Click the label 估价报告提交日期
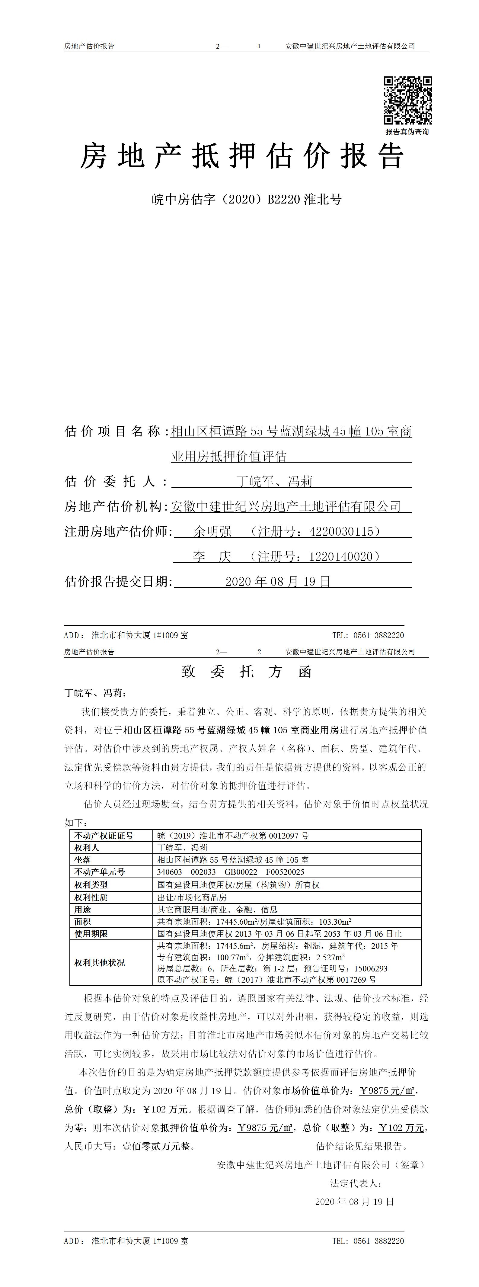click(118, 582)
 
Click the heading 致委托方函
click(246, 672)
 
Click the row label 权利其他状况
click(99, 963)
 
